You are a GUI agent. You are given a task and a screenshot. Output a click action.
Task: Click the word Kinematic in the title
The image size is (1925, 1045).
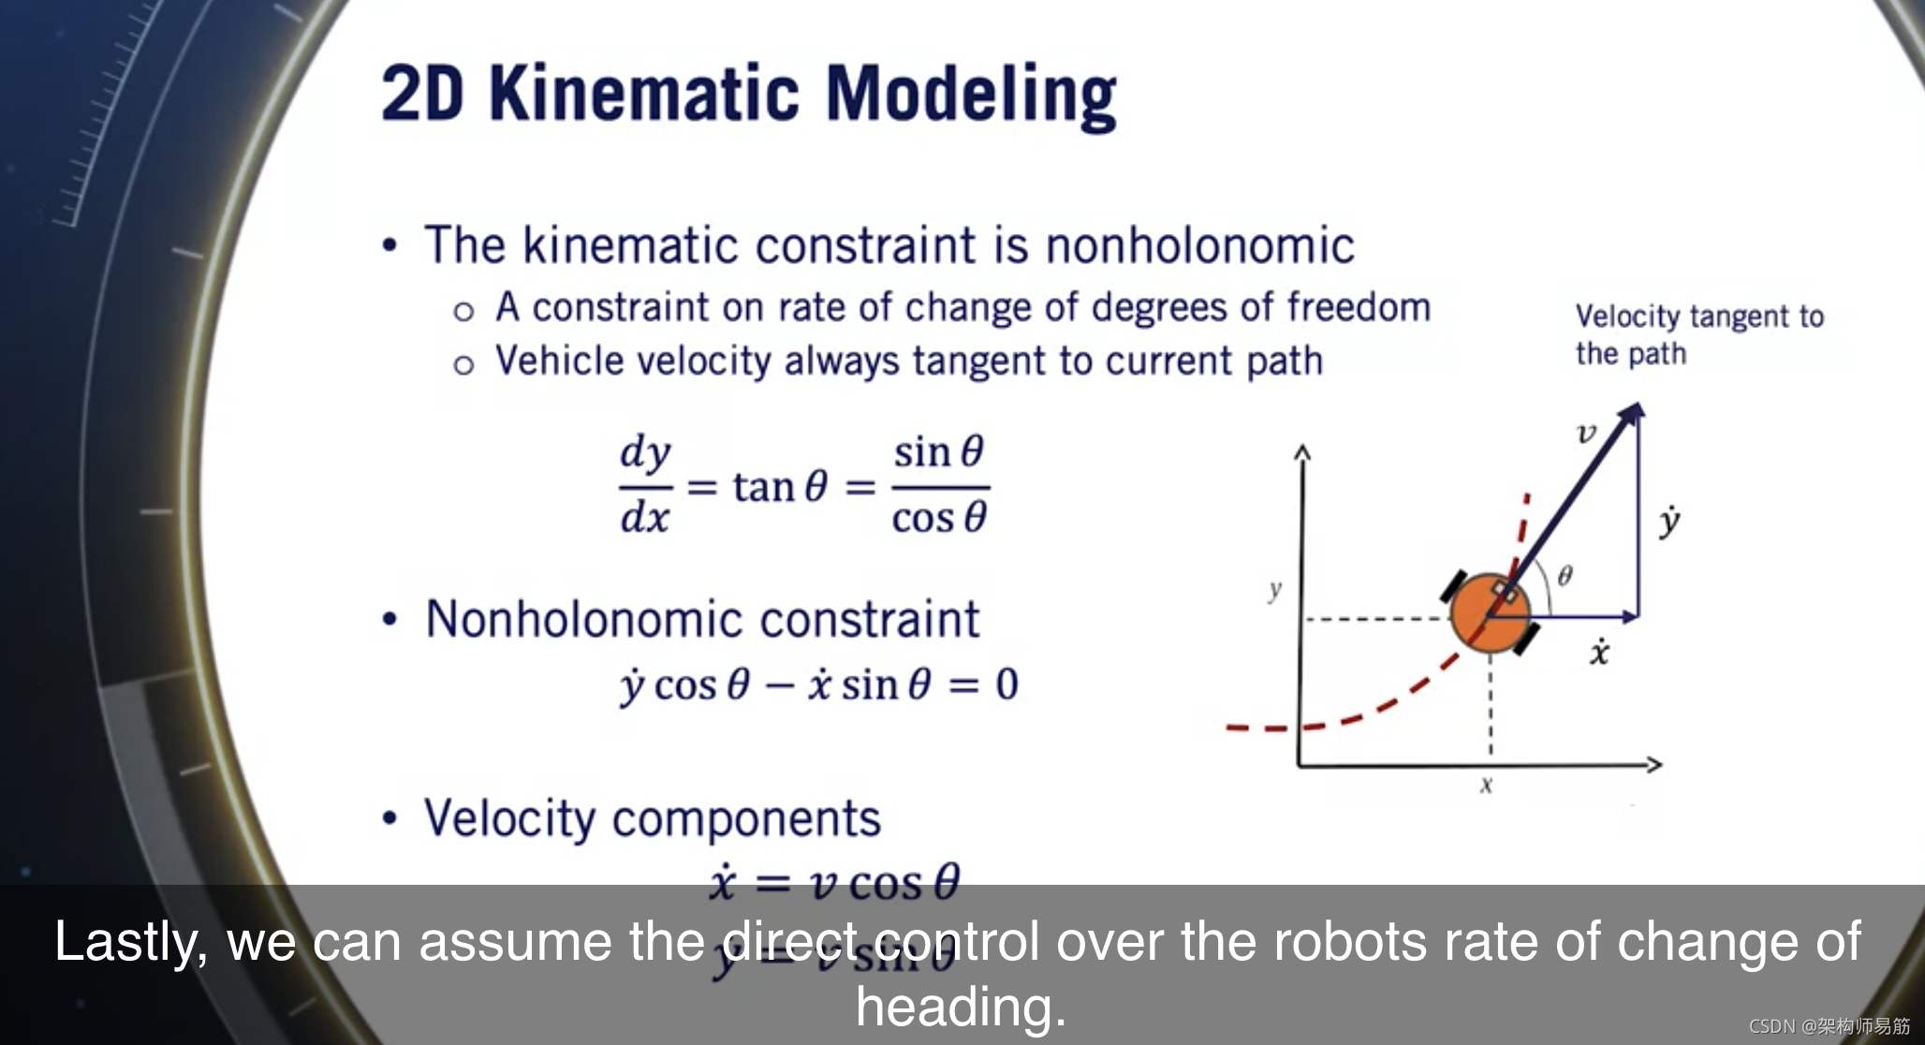[644, 95]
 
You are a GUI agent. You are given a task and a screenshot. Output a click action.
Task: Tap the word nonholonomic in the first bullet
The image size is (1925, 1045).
[1199, 246]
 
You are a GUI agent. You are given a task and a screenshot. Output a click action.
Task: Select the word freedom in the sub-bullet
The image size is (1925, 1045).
[1359, 307]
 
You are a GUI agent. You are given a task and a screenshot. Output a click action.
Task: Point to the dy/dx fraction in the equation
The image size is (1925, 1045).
[645, 485]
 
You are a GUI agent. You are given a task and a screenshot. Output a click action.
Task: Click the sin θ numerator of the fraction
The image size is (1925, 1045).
[938, 453]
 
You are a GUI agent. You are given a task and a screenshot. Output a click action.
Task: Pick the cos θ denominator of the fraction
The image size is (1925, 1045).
[939, 518]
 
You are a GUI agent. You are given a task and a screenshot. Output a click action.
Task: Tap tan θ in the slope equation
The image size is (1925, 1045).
[780, 487]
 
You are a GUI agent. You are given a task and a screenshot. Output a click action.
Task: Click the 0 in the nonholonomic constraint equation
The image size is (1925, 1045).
[1007, 684]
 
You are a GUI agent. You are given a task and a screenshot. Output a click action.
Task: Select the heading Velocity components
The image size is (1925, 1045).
[653, 818]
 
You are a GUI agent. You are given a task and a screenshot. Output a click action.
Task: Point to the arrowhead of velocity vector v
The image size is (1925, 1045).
[1634, 411]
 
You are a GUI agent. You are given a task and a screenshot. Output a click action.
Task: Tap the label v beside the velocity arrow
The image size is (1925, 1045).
[1586, 433]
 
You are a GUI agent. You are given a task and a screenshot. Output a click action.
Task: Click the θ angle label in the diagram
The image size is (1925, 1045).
[1565, 575]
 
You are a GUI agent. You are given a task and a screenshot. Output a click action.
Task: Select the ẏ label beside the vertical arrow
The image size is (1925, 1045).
[1668, 522]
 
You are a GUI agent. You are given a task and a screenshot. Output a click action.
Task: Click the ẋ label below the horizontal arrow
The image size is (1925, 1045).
[1599, 652]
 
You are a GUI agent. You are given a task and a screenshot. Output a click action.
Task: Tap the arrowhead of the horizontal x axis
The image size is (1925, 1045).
[1654, 765]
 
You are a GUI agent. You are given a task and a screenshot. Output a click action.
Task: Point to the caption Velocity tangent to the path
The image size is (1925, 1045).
[1698, 334]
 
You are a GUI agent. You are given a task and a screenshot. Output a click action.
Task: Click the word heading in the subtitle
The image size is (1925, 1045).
[961, 1008]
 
